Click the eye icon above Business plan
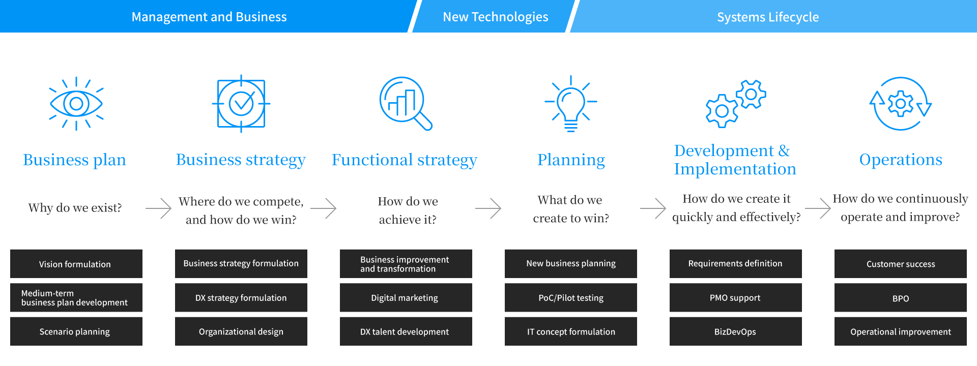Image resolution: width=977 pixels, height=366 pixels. (76, 104)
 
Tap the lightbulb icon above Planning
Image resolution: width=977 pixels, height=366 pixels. (571, 104)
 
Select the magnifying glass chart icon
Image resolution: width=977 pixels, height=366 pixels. (406, 103)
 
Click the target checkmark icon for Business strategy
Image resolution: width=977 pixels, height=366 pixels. (241, 104)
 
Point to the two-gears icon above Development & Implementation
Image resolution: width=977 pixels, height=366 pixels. (736, 104)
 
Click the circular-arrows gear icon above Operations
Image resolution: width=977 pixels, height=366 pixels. (901, 104)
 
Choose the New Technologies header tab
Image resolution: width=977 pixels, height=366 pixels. (495, 17)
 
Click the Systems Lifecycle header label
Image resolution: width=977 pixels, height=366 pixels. (768, 17)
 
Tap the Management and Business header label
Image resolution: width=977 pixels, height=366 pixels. (209, 17)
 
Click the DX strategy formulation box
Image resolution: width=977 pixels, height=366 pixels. (241, 297)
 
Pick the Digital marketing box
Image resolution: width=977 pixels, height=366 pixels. (406, 297)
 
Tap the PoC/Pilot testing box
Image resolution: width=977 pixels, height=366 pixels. (571, 297)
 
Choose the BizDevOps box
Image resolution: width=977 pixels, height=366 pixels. (736, 331)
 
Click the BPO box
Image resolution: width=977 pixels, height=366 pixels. (901, 297)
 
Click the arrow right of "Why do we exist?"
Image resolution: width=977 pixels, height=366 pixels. (158, 208)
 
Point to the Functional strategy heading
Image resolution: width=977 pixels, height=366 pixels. (405, 160)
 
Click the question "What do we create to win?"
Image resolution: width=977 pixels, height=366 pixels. (571, 209)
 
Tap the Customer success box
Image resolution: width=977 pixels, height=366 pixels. (901, 264)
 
